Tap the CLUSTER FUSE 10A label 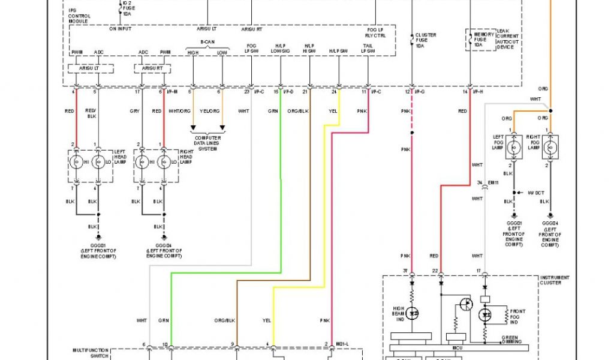tap(426, 40)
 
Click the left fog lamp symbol tap(513, 146)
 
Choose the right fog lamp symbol tap(551, 146)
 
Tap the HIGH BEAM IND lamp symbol tap(413, 313)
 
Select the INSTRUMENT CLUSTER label tap(555, 280)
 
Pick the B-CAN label tap(207, 43)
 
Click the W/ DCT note tap(536, 193)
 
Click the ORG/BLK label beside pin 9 tap(223, 320)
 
